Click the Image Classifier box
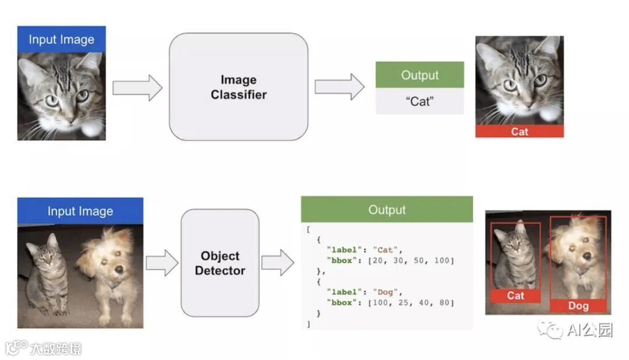tap(238, 87)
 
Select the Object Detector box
tap(220, 263)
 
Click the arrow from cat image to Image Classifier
tap(137, 87)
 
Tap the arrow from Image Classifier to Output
tap(340, 87)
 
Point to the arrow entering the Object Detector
tap(162, 263)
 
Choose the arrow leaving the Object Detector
tap(278, 263)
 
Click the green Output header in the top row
tap(419, 75)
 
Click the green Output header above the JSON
tap(387, 210)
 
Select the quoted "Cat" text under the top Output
tap(419, 101)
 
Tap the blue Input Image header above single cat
tap(61, 40)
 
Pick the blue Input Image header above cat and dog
tap(80, 211)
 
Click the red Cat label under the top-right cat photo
tap(519, 132)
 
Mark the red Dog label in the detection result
tap(578, 306)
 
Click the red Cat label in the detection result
tap(515, 296)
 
